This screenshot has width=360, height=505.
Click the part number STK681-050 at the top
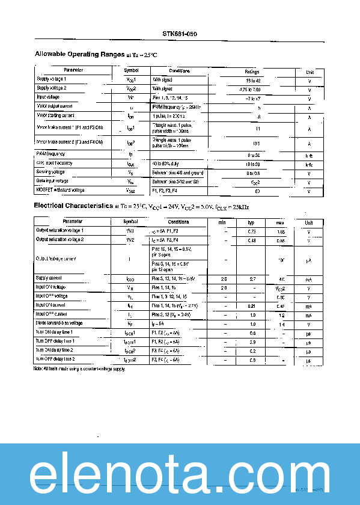coord(180,34)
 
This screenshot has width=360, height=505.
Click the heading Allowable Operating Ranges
coord(79,54)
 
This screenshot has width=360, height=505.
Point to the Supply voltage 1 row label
coord(52,79)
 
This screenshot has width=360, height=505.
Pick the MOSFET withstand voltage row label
coord(59,190)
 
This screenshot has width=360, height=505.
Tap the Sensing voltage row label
coord(50,172)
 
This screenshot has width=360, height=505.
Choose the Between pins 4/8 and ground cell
coord(179,173)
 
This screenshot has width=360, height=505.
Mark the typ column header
coord(252,222)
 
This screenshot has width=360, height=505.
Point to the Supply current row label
coord(49,278)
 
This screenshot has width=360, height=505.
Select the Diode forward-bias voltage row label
coord(59,323)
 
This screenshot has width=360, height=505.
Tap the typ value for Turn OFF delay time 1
coord(252,341)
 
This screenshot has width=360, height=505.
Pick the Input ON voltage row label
coord(50,287)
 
